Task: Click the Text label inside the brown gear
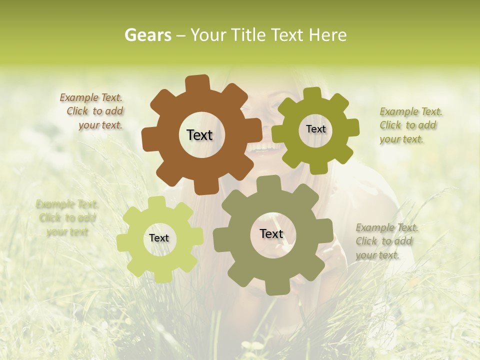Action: [199, 135]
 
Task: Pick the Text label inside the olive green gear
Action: [315, 129]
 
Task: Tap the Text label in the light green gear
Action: [159, 238]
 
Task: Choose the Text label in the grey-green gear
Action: [271, 234]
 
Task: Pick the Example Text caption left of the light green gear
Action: [67, 218]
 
